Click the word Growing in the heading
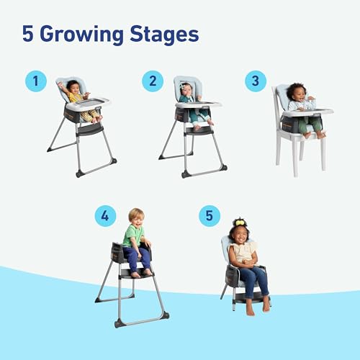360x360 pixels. click(80, 34)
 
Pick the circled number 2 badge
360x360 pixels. click(153, 81)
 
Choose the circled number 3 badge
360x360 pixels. click(254, 81)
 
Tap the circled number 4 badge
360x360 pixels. click(105, 215)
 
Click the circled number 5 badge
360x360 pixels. click(209, 215)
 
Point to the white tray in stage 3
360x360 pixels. click(308, 113)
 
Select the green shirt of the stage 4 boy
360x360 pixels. click(134, 235)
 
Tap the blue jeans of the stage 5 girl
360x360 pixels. click(253, 277)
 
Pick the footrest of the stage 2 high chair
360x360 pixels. click(198, 132)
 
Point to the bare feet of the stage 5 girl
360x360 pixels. click(258, 307)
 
